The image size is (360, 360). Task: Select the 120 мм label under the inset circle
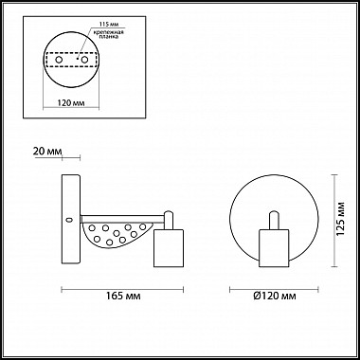click(x=71, y=103)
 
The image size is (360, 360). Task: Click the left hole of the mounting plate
click(x=59, y=60)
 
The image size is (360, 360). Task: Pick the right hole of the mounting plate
click(x=84, y=60)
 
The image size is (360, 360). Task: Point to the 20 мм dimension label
click(x=47, y=151)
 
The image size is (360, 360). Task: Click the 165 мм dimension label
click(x=123, y=296)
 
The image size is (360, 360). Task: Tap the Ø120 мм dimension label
click(x=275, y=296)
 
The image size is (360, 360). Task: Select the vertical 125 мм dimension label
click(x=340, y=218)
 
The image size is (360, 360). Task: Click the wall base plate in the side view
click(x=71, y=219)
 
